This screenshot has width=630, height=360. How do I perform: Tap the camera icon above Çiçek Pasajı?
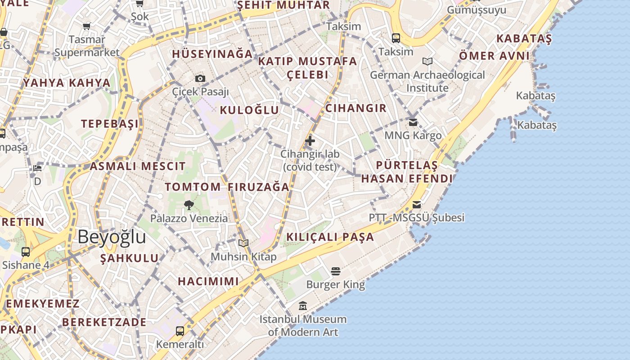coord(200,79)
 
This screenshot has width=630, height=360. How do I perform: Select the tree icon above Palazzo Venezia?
coord(189,206)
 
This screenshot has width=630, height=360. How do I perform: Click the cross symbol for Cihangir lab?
coord(310,141)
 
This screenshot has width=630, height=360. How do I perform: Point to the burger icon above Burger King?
coord(335,271)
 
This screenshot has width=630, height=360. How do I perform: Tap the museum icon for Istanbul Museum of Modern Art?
coord(303,306)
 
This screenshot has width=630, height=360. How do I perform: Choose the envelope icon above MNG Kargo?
coord(413,122)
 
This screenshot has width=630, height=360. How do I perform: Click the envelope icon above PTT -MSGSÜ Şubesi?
coord(417,205)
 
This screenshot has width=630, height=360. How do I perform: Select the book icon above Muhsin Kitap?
coord(243,243)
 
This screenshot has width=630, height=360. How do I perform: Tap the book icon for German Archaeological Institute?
coord(427,62)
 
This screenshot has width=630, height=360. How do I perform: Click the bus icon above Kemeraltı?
coord(180,331)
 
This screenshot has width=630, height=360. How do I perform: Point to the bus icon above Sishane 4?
coord(26,252)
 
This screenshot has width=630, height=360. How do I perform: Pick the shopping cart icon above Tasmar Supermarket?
coord(87,27)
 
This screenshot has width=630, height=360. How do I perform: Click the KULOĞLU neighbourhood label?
coord(249,110)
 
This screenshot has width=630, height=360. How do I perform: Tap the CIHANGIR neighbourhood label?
coord(355,108)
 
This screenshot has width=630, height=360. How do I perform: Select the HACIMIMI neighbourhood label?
coord(208,282)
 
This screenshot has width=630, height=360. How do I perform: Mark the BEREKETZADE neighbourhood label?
coord(104,322)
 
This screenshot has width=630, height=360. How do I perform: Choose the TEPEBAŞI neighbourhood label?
coord(110,124)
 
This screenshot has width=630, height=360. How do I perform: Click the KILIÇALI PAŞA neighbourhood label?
coord(330,237)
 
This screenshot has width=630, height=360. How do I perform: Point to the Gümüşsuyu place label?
coord(477,10)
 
